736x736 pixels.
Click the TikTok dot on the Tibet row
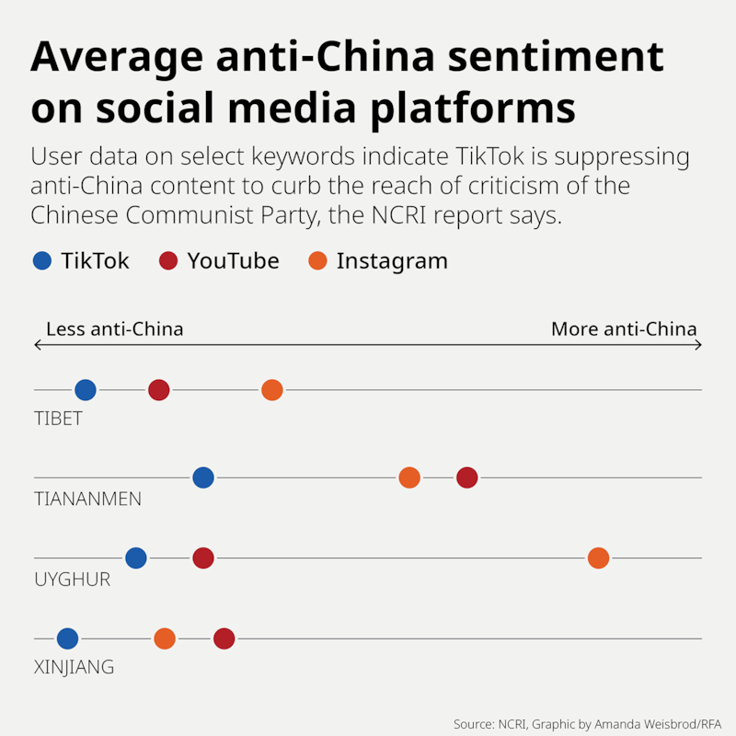[86, 390]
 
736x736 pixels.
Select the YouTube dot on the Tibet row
[159, 390]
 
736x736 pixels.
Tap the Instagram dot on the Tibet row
[271, 390]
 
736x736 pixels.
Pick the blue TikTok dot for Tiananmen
[203, 477]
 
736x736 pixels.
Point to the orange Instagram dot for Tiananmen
[409, 477]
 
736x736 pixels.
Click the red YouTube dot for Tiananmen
[467, 477]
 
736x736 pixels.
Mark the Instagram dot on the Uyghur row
[598, 558]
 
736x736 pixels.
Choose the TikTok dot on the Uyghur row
[136, 558]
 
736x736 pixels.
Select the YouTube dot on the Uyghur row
[203, 558]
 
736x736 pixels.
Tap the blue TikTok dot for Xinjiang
[68, 638]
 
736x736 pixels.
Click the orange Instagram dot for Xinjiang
[165, 638]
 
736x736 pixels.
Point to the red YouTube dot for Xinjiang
[224, 638]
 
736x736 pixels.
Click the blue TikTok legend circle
[42, 261]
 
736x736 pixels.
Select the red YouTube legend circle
[168, 261]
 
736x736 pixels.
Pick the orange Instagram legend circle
[317, 261]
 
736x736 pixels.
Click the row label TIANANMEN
[87, 500]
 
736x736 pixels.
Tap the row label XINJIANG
[74, 667]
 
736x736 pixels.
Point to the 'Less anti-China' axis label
[114, 329]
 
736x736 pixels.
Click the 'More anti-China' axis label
[624, 329]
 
